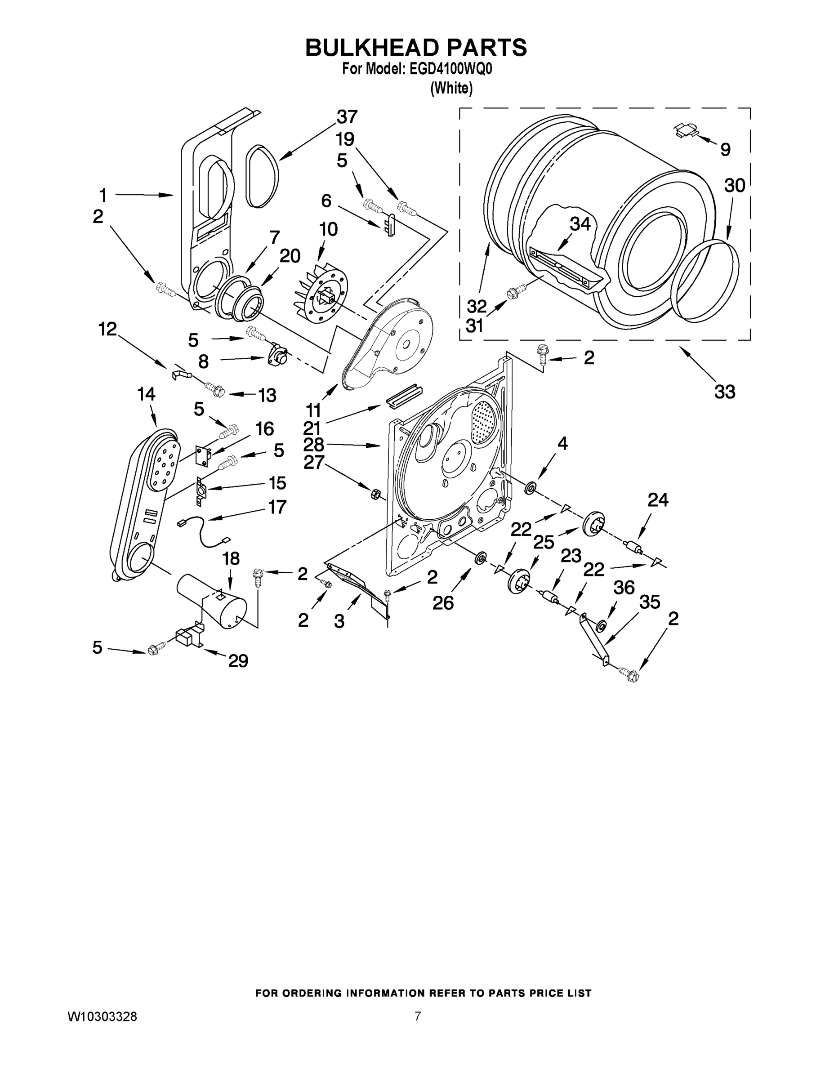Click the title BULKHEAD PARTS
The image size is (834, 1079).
[x=416, y=47]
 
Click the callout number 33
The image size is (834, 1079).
[x=724, y=392]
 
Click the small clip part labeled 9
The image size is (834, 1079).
[x=686, y=130]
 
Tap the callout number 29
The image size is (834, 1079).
[x=238, y=660]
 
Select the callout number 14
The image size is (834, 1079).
[x=146, y=394]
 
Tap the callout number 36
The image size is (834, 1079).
[x=624, y=588]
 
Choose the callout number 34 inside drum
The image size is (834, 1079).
[x=580, y=224]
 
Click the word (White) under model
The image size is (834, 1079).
[x=451, y=89]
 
